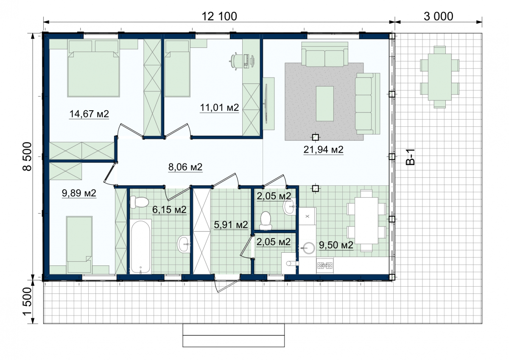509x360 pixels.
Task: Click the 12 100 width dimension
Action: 219,17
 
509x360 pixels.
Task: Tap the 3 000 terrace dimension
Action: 438,17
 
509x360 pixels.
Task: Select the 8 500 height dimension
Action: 27,156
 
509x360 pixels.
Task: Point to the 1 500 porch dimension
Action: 27,301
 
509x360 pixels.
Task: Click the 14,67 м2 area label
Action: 89,114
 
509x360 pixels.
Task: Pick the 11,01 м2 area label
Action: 220,107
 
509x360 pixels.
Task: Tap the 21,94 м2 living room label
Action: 323,150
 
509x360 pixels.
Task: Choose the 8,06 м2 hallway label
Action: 185,167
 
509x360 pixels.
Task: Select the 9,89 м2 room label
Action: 79,193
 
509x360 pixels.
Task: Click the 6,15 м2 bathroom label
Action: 169,209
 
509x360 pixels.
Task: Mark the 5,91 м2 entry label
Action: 231,225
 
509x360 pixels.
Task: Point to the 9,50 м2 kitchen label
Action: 336,245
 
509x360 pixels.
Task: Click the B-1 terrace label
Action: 411,157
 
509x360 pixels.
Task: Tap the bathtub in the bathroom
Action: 141,246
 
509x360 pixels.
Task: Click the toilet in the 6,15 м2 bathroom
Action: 139,202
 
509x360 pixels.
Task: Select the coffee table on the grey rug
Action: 325,103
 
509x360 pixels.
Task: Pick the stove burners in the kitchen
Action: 325,265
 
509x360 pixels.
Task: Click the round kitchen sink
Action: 309,248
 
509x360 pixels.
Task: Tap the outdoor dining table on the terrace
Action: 440,77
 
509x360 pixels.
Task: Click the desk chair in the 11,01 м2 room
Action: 234,61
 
